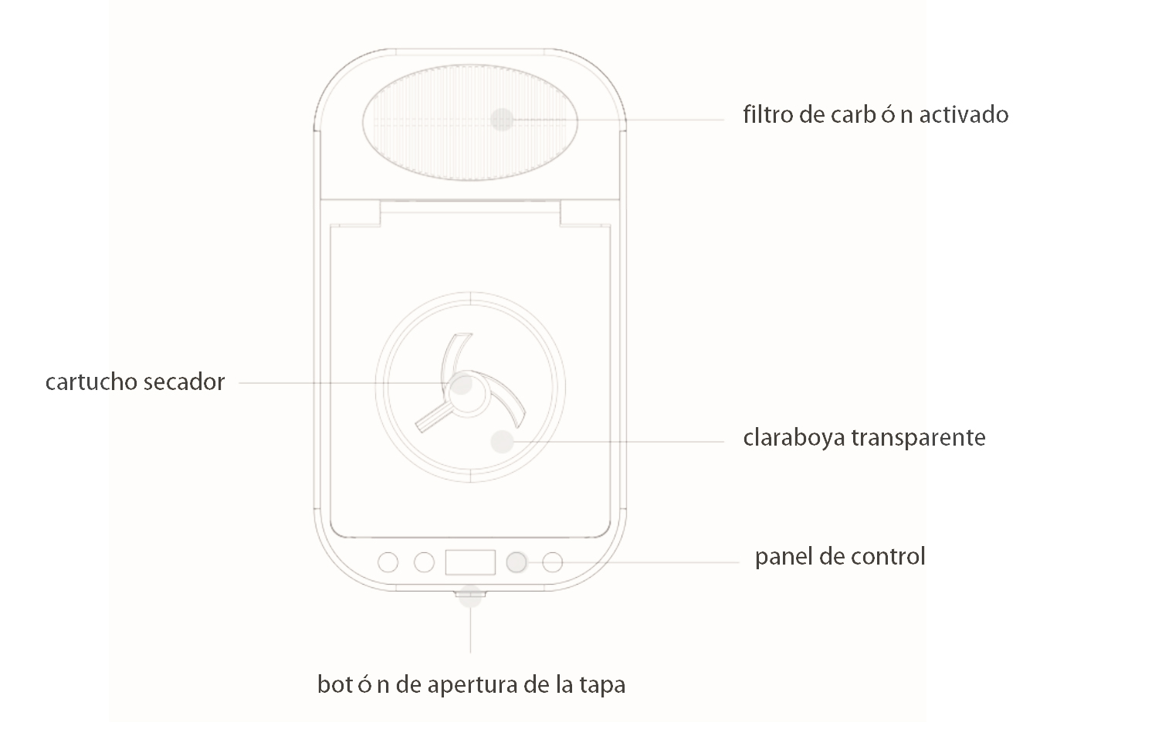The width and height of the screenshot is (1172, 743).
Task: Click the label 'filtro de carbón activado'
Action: [876, 114]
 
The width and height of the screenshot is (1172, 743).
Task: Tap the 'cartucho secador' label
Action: [135, 382]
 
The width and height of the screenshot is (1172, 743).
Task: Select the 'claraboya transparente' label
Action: [865, 437]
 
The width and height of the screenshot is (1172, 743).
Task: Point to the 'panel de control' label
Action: [840, 557]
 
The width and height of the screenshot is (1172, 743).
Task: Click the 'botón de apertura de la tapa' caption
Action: [472, 684]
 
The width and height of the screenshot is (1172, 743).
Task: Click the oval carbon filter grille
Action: [470, 123]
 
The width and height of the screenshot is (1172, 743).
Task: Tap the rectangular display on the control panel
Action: [470, 562]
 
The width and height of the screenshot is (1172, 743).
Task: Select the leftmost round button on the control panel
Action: [388, 562]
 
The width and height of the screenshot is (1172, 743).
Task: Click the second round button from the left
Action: [424, 562]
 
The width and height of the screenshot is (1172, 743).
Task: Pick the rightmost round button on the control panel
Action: [553, 562]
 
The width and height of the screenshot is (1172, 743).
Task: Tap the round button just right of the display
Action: [517, 562]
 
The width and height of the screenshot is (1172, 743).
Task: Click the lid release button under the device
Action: [470, 594]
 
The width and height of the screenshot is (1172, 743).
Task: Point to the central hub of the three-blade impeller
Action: [467, 395]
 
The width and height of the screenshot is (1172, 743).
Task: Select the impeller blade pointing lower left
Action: [432, 419]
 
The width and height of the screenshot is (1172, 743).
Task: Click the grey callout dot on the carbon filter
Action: [502, 120]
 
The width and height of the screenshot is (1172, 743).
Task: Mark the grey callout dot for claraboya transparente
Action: [503, 442]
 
